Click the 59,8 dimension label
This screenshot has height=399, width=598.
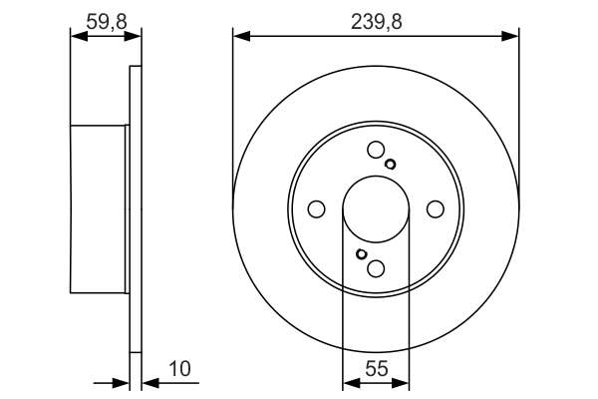pyautogui.click(x=106, y=22)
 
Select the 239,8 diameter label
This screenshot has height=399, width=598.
pyautogui.click(x=376, y=22)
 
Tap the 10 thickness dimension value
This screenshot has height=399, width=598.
pyautogui.click(x=179, y=369)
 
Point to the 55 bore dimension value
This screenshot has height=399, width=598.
pyautogui.click(x=376, y=369)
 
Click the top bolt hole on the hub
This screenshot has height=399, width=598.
pyautogui.click(x=376, y=150)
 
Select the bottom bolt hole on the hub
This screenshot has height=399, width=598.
pyautogui.click(x=376, y=268)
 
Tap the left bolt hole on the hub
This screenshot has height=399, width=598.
pyautogui.click(x=316, y=209)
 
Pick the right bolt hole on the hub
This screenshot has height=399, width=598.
pyautogui.click(x=436, y=209)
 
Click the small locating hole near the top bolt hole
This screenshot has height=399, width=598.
pyautogui.click(x=390, y=165)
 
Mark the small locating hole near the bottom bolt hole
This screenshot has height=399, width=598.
pyautogui.click(x=361, y=254)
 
